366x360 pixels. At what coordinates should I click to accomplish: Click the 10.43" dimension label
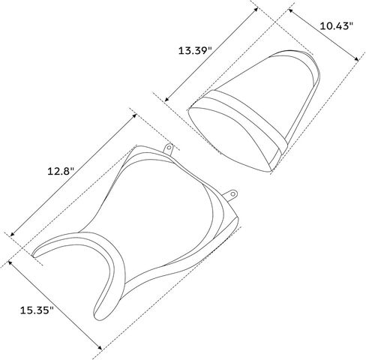click(336, 26)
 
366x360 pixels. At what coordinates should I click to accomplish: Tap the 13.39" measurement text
click(195, 51)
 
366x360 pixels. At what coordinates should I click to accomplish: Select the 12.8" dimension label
click(61, 172)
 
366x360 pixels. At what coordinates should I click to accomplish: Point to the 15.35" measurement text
click(37, 310)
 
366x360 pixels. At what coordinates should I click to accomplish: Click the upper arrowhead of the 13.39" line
click(256, 10)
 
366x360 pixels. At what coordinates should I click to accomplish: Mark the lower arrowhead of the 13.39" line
click(167, 99)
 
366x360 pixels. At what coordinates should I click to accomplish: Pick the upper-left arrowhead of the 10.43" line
click(291, 11)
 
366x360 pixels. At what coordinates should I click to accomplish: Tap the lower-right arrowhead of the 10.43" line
click(356, 59)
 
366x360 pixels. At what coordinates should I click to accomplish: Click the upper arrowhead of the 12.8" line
click(135, 115)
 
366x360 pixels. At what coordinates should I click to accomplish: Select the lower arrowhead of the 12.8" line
click(12, 234)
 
